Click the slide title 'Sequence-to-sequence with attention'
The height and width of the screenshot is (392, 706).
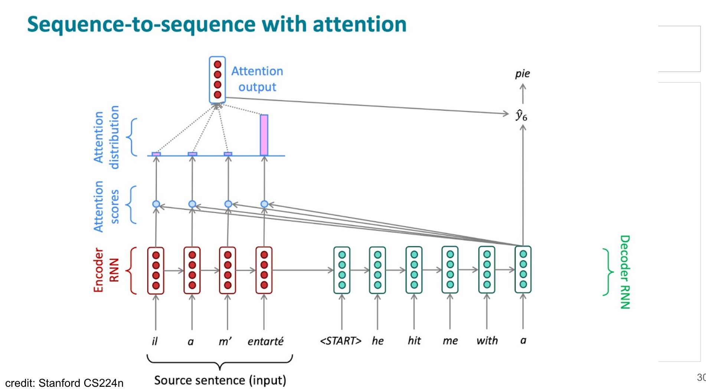coord(217,24)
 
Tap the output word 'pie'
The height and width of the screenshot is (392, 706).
coord(522,73)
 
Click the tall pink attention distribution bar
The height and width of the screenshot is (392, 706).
coord(264,135)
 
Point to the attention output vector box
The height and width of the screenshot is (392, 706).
coord(217,79)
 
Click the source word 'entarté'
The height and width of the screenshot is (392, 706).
coord(265,341)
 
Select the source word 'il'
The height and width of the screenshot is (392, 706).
coord(155,341)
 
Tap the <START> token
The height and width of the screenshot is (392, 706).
coord(340,340)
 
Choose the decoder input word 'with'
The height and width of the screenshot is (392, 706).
coord(487,340)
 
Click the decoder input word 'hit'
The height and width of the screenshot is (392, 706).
coord(414,340)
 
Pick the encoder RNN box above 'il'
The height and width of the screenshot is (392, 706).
coord(156,270)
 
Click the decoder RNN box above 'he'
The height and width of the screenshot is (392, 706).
coord(377,270)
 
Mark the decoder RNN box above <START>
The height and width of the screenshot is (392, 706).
coord(342,270)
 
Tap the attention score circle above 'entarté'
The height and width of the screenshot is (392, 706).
coord(264,204)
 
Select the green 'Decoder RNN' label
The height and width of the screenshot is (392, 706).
coord(625,272)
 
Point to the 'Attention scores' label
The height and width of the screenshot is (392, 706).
coord(106,206)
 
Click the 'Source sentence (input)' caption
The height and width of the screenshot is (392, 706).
coord(220,380)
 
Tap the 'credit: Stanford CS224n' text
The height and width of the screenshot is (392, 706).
coord(64,383)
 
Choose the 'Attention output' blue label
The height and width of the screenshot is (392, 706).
coord(257,79)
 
